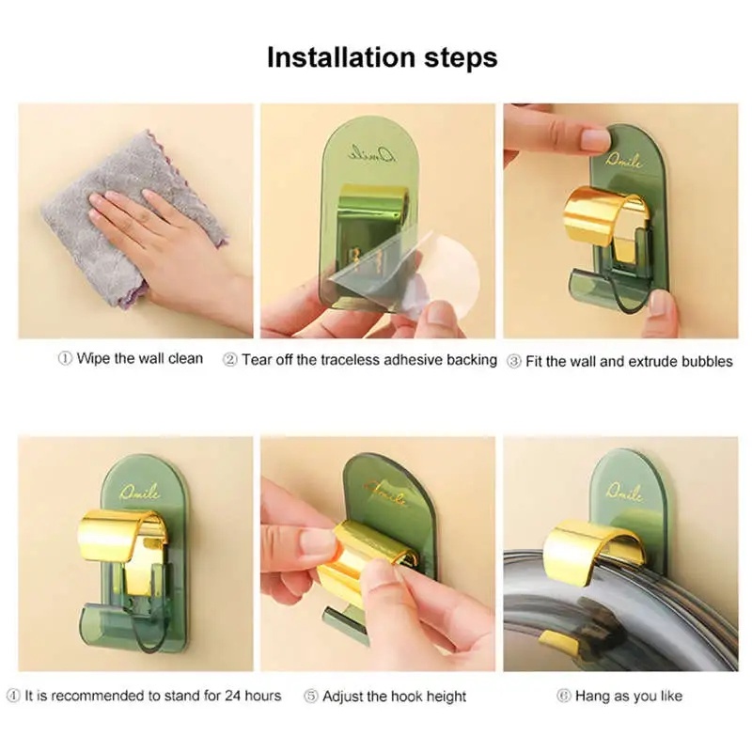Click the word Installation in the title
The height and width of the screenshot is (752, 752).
(x=341, y=57)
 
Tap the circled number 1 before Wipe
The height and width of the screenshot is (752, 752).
(x=65, y=358)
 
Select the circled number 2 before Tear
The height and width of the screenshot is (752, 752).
(x=230, y=360)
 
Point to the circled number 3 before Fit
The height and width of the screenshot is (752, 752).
(x=514, y=362)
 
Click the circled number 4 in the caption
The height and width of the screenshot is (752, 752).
(x=13, y=696)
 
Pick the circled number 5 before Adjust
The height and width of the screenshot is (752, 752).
(x=311, y=696)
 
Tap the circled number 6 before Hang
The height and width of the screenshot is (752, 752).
(x=564, y=696)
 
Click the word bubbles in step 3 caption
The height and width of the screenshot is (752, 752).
(x=707, y=361)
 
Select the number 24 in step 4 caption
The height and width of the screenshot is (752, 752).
(x=233, y=696)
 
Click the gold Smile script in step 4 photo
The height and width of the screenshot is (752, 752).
(x=140, y=491)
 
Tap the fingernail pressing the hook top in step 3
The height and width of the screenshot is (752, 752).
(x=595, y=141)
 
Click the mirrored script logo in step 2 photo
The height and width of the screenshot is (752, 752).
(x=372, y=154)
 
